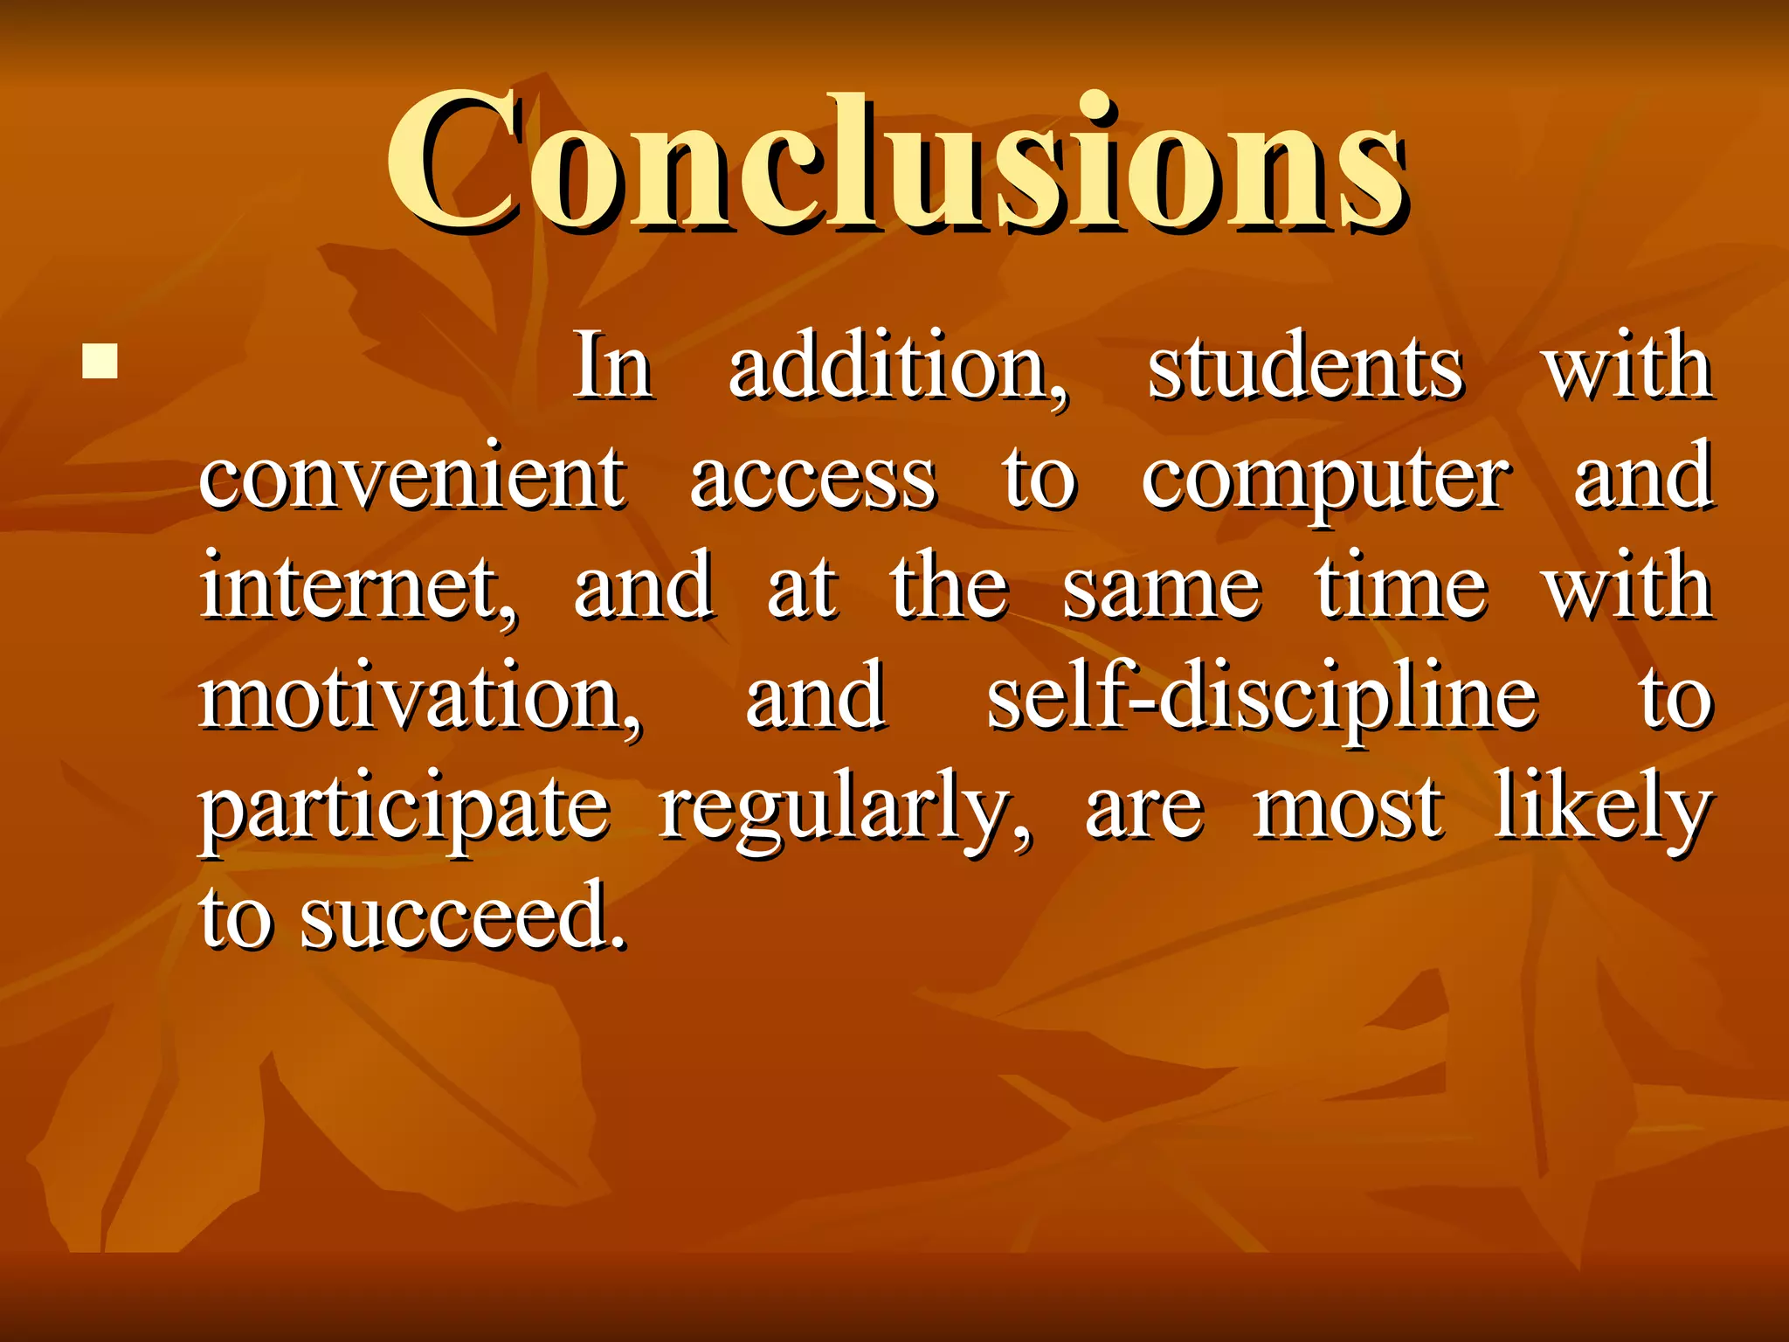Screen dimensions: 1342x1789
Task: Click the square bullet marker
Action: tap(100, 360)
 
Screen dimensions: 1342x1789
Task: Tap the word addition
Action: tap(897, 367)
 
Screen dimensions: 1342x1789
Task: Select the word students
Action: tap(1305, 367)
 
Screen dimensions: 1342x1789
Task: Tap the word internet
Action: tap(358, 587)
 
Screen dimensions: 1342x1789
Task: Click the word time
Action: tap(1401, 587)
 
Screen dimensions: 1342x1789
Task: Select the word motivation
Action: tap(419, 697)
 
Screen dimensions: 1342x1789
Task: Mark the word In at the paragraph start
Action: tap(613, 367)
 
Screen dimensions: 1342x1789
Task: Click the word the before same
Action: tap(950, 587)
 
